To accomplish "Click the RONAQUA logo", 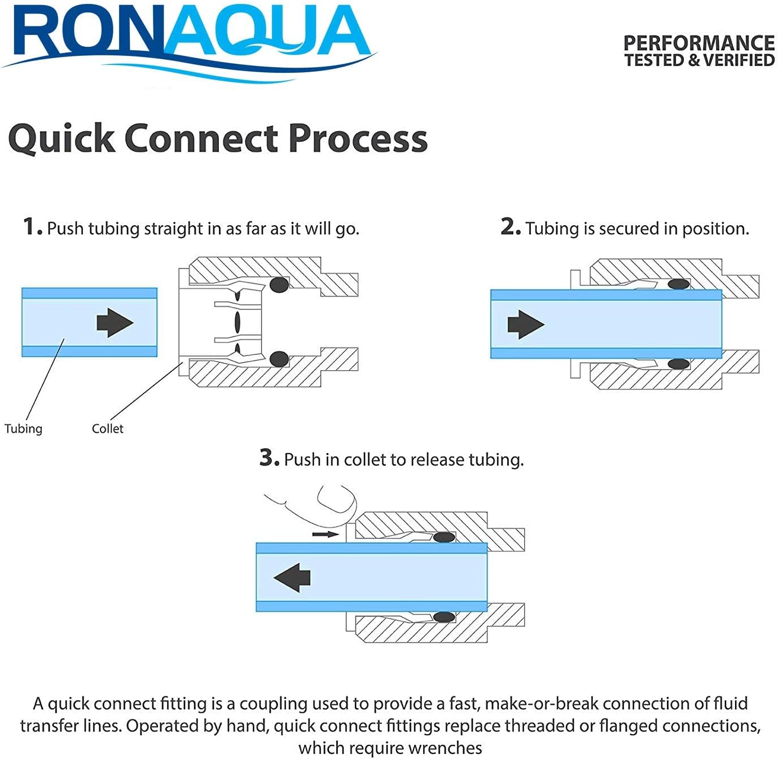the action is (x=188, y=42).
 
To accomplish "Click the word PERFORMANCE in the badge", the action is (x=699, y=43).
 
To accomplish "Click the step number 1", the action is (x=32, y=227).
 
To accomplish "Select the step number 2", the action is (x=511, y=227).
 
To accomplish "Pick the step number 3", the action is (x=269, y=458).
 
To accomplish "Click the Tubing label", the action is (x=23, y=429).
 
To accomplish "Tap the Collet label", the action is (x=108, y=428).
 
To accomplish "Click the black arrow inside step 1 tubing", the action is (x=115, y=322).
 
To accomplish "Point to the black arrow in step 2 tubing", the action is (x=526, y=324).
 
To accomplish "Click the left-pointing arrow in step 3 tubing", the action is (x=292, y=577).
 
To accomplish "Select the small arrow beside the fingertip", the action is (x=326, y=534).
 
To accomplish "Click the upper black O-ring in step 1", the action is (x=279, y=285).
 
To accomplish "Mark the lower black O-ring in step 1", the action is (x=279, y=359).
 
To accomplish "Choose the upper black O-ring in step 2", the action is (x=679, y=284).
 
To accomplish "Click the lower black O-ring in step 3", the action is (x=444, y=617).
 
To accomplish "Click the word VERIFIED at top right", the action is (x=739, y=60).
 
